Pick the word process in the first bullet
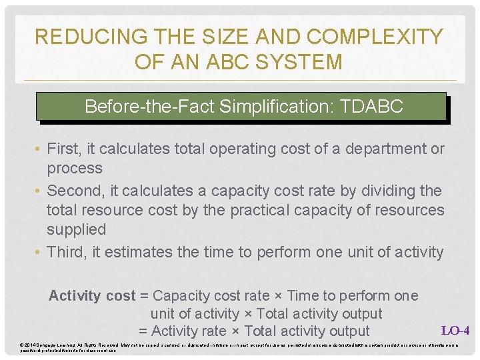[74, 168]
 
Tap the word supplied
[76, 229]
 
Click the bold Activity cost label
[91, 295]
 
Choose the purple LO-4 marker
[455, 330]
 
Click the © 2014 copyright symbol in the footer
[23, 345]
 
